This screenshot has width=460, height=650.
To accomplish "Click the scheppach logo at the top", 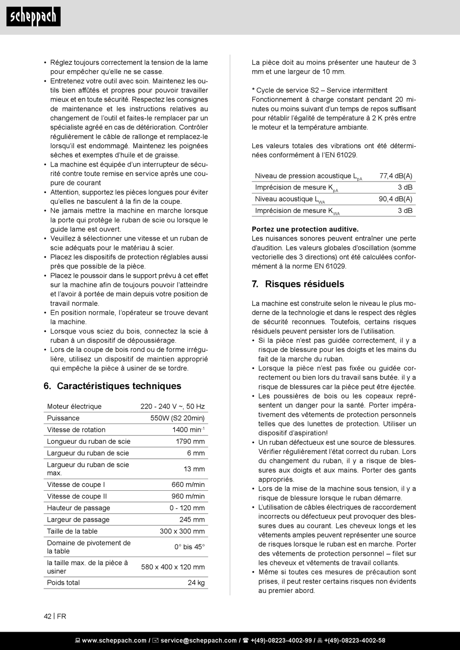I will [33, 17].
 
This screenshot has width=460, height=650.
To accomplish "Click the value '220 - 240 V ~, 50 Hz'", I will [172, 407].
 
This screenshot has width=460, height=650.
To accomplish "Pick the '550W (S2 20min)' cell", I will [177, 418].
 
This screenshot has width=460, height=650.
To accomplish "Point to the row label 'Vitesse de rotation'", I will [76, 430].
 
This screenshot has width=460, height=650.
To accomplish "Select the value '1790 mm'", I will [190, 441].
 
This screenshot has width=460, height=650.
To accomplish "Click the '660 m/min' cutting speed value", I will [188, 484].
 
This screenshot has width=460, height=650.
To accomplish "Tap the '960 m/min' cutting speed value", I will [188, 496].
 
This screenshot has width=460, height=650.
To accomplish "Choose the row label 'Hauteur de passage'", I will [78, 508].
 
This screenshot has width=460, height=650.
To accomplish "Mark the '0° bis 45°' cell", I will [189, 547].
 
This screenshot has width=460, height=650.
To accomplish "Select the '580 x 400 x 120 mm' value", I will [173, 567].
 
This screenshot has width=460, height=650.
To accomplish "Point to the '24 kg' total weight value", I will [196, 583].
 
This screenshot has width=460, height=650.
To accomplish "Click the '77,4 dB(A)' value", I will [396, 176].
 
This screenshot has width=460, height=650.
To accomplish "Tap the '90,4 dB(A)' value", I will [395, 199].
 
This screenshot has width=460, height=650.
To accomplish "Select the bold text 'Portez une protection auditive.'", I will [305, 229].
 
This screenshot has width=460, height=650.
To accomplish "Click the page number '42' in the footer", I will [47, 616].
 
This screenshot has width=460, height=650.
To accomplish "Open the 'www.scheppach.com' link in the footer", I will [114, 640].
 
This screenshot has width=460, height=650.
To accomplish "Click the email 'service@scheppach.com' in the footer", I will [199, 640].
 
